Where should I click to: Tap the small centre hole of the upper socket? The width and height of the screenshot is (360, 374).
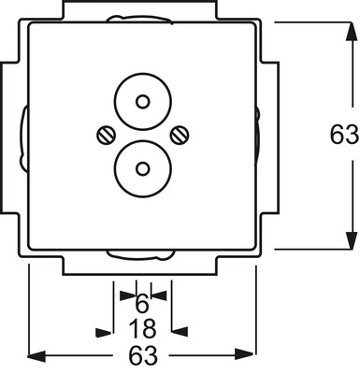pyautogui.click(x=143, y=102)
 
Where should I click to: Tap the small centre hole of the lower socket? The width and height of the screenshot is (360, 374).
pyautogui.click(x=143, y=169)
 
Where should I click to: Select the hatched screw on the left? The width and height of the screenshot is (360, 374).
pyautogui.click(x=106, y=136)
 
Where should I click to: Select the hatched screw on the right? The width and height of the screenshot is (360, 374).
pyautogui.click(x=180, y=136)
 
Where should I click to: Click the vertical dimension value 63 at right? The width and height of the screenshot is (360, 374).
pyautogui.click(x=344, y=135)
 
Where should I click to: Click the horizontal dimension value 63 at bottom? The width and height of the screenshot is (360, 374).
pyautogui.click(x=143, y=355)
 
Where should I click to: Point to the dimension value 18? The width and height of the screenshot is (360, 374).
pyautogui.click(x=142, y=329)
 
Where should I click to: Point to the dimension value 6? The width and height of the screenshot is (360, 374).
pyautogui.click(x=142, y=304)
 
